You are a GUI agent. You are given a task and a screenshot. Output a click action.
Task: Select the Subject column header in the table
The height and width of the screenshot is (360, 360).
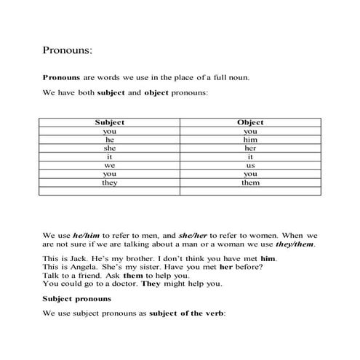point(110,123)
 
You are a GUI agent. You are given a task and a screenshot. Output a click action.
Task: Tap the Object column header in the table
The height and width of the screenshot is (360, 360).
point(250,123)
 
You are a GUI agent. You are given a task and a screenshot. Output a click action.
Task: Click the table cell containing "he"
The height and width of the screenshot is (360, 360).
point(110,140)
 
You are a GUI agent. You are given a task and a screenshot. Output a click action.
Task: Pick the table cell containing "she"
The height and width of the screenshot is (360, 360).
point(110,148)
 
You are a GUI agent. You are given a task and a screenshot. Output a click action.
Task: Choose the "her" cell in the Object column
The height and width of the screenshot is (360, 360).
point(250,148)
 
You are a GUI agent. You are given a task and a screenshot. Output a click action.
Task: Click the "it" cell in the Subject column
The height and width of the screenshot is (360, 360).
point(110,157)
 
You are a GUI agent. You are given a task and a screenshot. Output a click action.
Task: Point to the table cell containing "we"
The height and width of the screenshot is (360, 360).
point(110,166)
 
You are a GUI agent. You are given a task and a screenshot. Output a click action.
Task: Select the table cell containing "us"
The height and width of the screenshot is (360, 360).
point(250,166)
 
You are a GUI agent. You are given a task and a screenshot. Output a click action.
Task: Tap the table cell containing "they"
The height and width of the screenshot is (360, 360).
point(110,183)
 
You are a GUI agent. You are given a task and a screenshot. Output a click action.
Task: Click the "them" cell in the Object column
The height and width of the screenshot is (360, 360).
point(250,183)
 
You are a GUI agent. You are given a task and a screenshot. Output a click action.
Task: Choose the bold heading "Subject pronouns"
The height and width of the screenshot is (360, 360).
point(76,298)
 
